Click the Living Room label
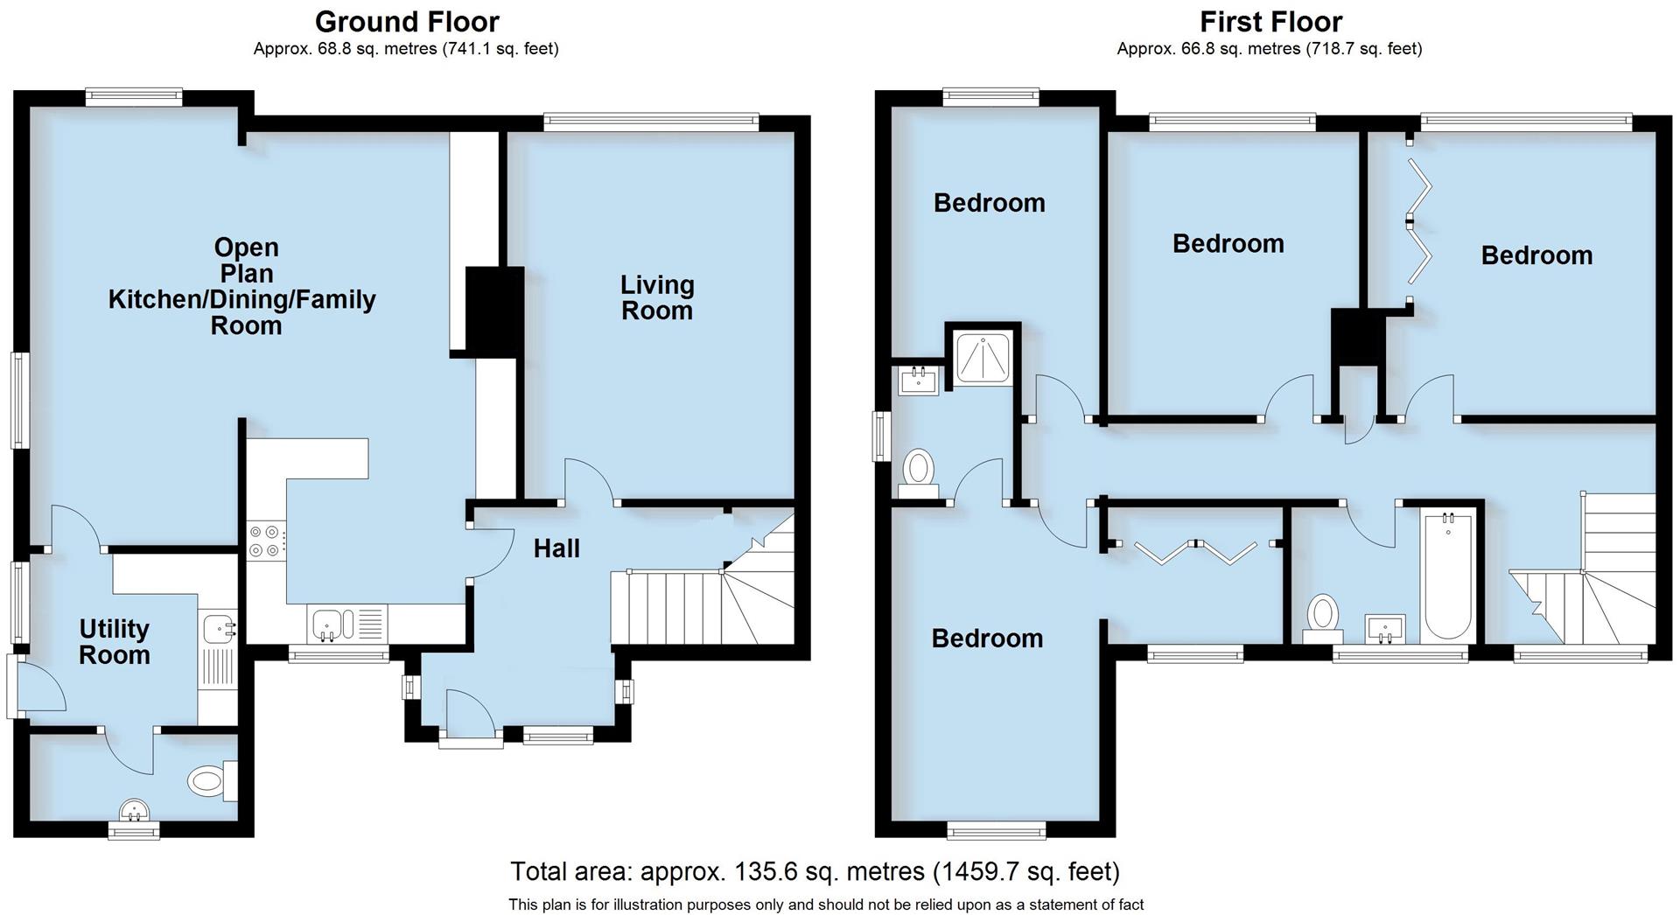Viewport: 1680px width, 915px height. point(657,297)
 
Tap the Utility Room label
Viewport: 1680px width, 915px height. point(114,642)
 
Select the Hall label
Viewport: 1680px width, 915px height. point(556,548)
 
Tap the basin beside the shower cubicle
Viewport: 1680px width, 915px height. point(919,381)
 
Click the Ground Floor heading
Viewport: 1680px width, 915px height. point(407,21)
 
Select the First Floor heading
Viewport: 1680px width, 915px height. point(1270,21)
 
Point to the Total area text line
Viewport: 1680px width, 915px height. point(815,871)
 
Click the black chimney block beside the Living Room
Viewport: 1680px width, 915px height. point(494,311)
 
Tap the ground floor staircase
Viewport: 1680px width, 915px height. point(700,604)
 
